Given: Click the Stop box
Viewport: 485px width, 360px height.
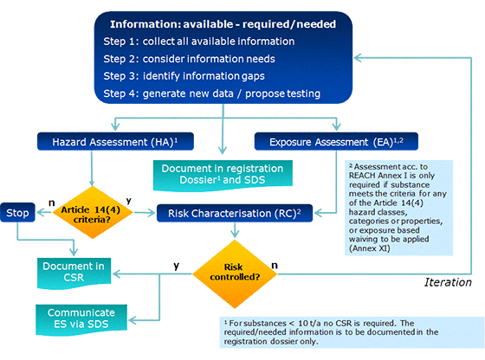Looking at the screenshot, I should click(18, 211).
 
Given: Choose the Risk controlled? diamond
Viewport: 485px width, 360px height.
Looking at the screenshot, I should click(233, 274).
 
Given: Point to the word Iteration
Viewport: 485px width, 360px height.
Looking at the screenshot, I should click(448, 282).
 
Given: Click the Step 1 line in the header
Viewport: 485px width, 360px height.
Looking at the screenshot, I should click(199, 42).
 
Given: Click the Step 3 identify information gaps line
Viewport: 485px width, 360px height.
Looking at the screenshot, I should click(190, 76).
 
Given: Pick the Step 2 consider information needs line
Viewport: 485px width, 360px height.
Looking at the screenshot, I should click(193, 59).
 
